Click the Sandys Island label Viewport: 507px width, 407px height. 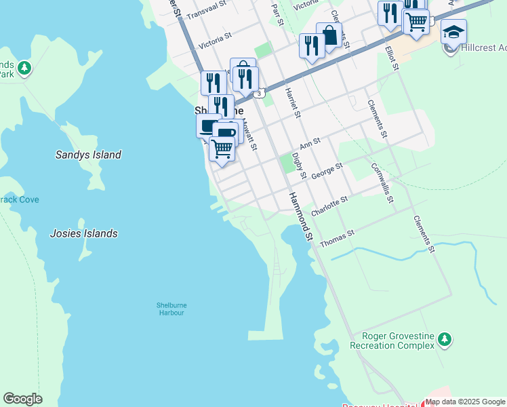tap(88, 155)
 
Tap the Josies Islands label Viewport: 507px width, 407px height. tap(83, 233)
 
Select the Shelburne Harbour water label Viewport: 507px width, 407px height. tap(171, 309)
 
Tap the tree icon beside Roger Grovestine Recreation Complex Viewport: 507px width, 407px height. tap(444, 338)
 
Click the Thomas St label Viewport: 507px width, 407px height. tap(337, 237)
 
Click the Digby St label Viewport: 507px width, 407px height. tap(299, 166)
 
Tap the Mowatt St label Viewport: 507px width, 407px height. tap(249, 136)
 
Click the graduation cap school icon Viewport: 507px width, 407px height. tap(453, 31)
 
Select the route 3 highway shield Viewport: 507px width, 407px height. tap(260, 92)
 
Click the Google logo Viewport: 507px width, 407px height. tap(22, 399)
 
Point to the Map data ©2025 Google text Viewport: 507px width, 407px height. tap(465, 402)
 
